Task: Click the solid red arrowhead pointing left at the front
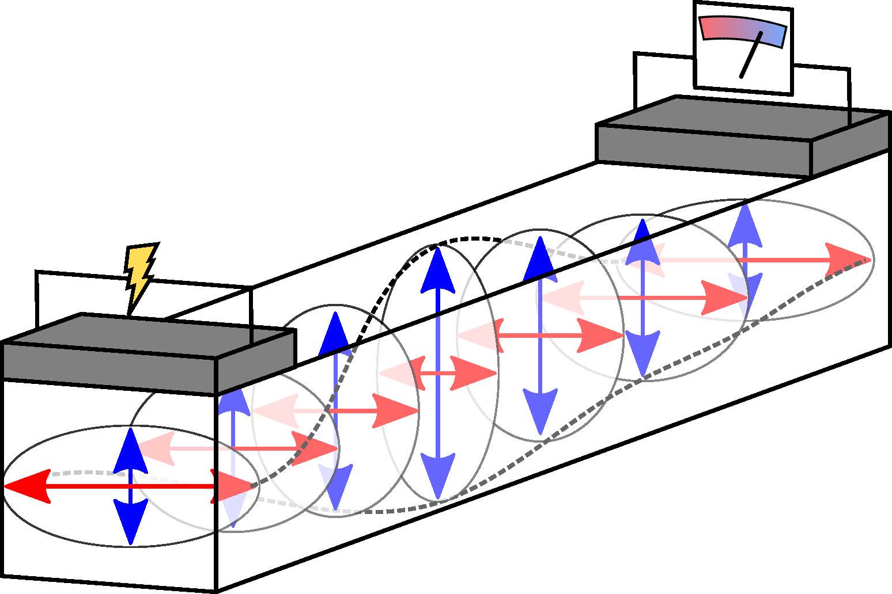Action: [27, 487]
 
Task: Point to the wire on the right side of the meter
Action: [849, 95]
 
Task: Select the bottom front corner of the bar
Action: [216, 590]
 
